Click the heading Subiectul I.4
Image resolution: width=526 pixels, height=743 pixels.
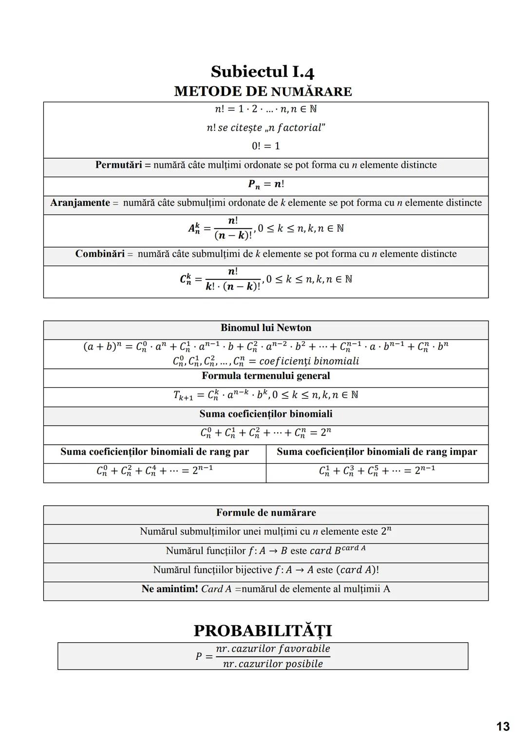pos(263,72)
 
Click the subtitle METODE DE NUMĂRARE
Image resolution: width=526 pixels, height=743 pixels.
pos(263,91)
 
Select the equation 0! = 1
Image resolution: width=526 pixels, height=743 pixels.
pos(265,146)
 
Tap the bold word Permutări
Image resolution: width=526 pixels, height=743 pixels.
pos(118,165)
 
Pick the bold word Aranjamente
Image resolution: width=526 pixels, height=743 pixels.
pos(80,203)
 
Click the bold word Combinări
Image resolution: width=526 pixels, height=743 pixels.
pos(100,254)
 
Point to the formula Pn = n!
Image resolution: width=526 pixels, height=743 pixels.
pos(265,184)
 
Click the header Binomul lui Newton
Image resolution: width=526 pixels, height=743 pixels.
pos(265,328)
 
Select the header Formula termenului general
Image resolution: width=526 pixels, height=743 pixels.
pos(265,376)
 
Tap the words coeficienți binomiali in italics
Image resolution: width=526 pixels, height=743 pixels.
pos(309,361)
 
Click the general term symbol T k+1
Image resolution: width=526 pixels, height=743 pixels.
pos(183,396)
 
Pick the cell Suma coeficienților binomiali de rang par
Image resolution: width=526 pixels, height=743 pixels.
pos(154,452)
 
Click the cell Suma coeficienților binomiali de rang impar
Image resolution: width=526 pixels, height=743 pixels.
pos(376,452)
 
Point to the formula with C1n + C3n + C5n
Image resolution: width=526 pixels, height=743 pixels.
pos(376,471)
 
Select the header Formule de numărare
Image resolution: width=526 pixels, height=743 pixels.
pos(265,513)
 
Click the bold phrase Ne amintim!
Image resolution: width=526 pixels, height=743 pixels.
pos(169,589)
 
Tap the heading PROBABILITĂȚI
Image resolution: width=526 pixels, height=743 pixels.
pos(263,631)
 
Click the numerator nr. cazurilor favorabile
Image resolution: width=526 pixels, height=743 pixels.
pos(273,649)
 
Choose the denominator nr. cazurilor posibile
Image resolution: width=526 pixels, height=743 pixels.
pos(273,664)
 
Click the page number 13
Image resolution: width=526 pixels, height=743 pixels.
pos(503,726)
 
